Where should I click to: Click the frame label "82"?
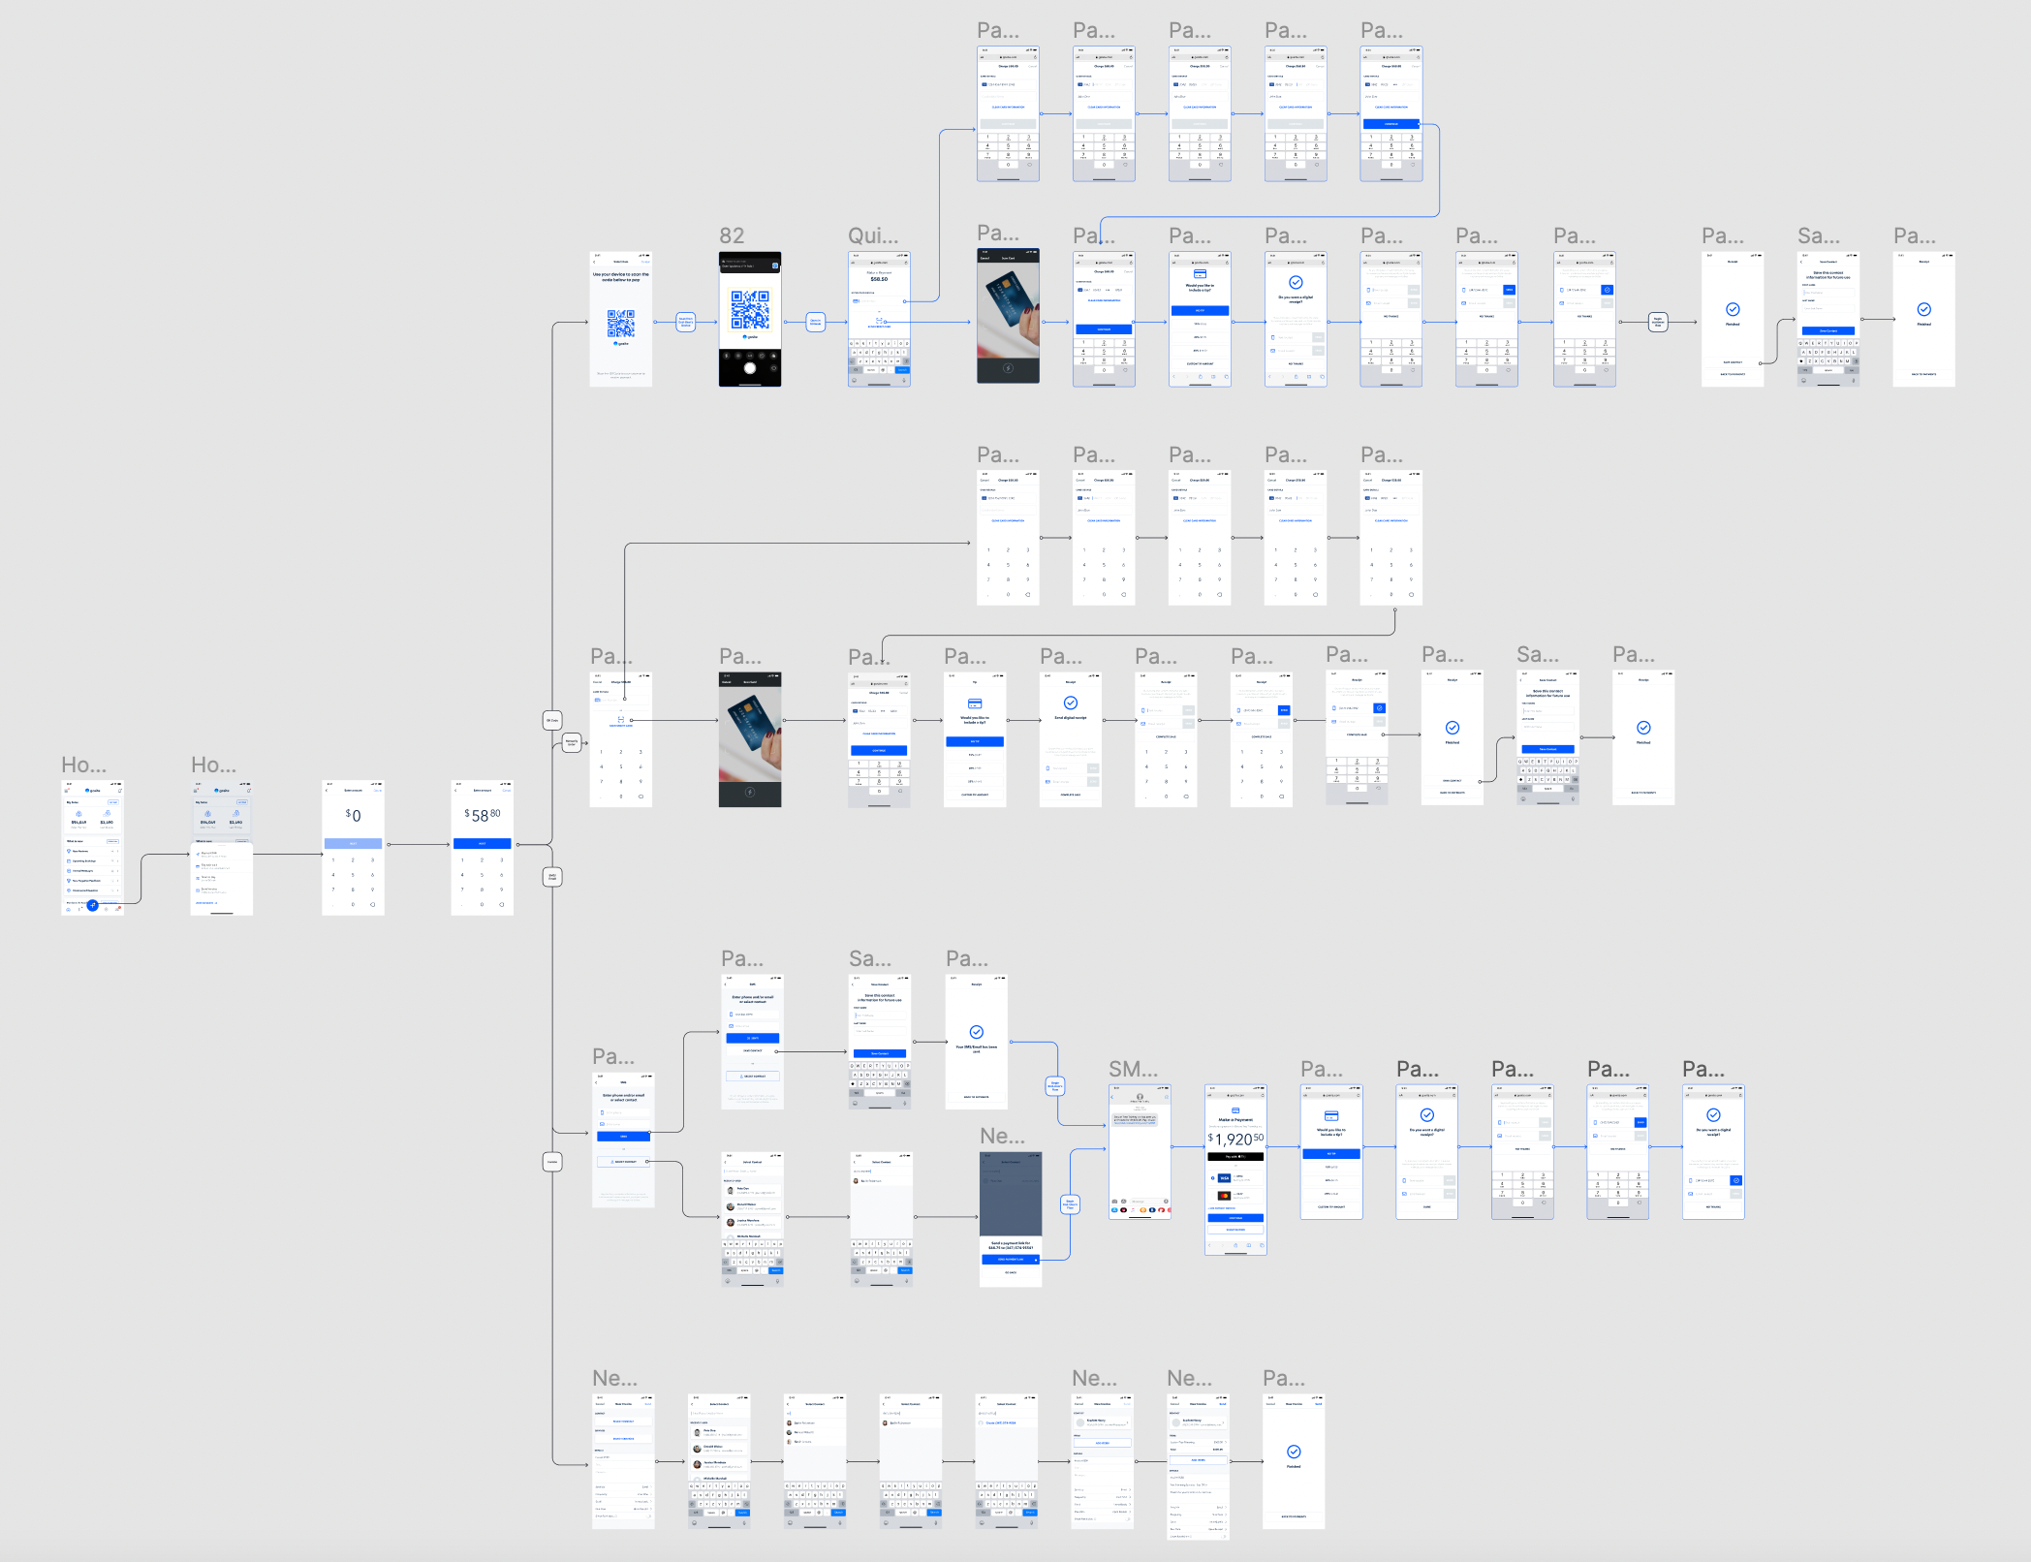[732, 235]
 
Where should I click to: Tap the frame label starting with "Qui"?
[873, 235]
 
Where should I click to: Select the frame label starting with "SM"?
[1133, 1069]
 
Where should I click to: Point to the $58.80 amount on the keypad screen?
[483, 816]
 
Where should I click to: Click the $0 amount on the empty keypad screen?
[354, 816]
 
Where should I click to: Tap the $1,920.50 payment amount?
[1235, 1139]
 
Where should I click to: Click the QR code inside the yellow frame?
[750, 310]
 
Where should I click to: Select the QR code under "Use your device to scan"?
[621, 323]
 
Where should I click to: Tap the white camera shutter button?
[749, 368]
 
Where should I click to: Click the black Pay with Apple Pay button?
[1235, 1157]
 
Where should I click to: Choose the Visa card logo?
[1224, 1178]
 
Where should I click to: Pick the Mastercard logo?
[1224, 1196]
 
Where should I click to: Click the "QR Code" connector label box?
[552, 720]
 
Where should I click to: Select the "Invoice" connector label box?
[552, 1161]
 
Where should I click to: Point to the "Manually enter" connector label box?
[572, 742]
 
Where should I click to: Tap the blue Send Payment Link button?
[1010, 1260]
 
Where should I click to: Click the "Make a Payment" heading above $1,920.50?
[1235, 1120]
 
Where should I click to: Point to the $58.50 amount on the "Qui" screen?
[879, 279]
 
